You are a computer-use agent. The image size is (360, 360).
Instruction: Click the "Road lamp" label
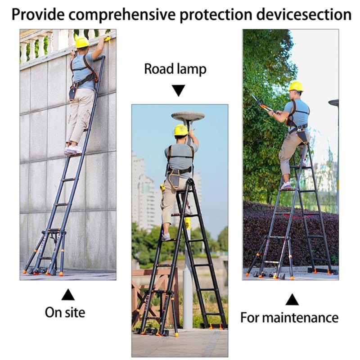click(x=175, y=69)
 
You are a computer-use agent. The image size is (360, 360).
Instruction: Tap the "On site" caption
click(x=65, y=312)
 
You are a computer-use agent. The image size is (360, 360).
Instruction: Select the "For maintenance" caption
click(x=289, y=317)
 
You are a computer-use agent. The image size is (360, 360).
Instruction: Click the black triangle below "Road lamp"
click(x=179, y=90)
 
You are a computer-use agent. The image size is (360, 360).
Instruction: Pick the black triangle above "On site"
click(x=68, y=295)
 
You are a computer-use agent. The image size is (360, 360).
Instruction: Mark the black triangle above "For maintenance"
click(x=292, y=299)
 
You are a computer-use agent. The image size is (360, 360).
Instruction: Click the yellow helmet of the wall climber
click(x=82, y=42)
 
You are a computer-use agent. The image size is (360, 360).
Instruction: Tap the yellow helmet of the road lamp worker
click(x=181, y=130)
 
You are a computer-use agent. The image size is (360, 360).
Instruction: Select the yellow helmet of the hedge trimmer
click(x=296, y=86)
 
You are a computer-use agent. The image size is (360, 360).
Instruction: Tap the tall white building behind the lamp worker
click(x=143, y=189)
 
